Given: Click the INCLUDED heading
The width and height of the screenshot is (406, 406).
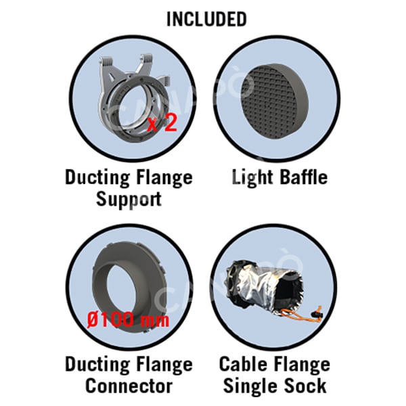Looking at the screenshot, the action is click(206, 19).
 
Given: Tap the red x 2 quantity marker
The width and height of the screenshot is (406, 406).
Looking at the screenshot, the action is click(162, 123).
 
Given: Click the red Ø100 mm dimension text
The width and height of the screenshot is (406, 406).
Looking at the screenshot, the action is click(128, 319).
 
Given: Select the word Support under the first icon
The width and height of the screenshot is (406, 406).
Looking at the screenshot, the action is click(129, 199).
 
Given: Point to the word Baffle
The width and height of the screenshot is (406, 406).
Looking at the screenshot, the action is click(304, 177).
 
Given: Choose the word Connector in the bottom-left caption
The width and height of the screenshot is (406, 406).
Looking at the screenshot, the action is click(129, 386).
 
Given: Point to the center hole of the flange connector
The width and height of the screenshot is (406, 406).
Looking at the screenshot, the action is click(124, 289).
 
